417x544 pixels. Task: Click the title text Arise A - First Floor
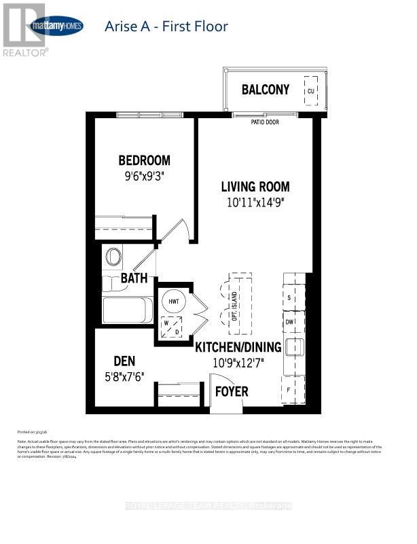(166, 27)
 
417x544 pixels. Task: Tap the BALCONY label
(266, 90)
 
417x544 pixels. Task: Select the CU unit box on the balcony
(310, 90)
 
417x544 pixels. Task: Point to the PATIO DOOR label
(265, 122)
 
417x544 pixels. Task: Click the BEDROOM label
(144, 161)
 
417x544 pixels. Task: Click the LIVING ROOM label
(255, 187)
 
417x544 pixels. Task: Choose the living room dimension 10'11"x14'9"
(255, 202)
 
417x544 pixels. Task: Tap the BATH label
(134, 278)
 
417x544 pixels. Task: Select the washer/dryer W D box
(170, 327)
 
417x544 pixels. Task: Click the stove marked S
(289, 298)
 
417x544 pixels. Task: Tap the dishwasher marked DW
(289, 323)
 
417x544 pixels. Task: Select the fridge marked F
(290, 390)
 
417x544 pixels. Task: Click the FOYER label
(232, 392)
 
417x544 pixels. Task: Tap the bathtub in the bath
(128, 311)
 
